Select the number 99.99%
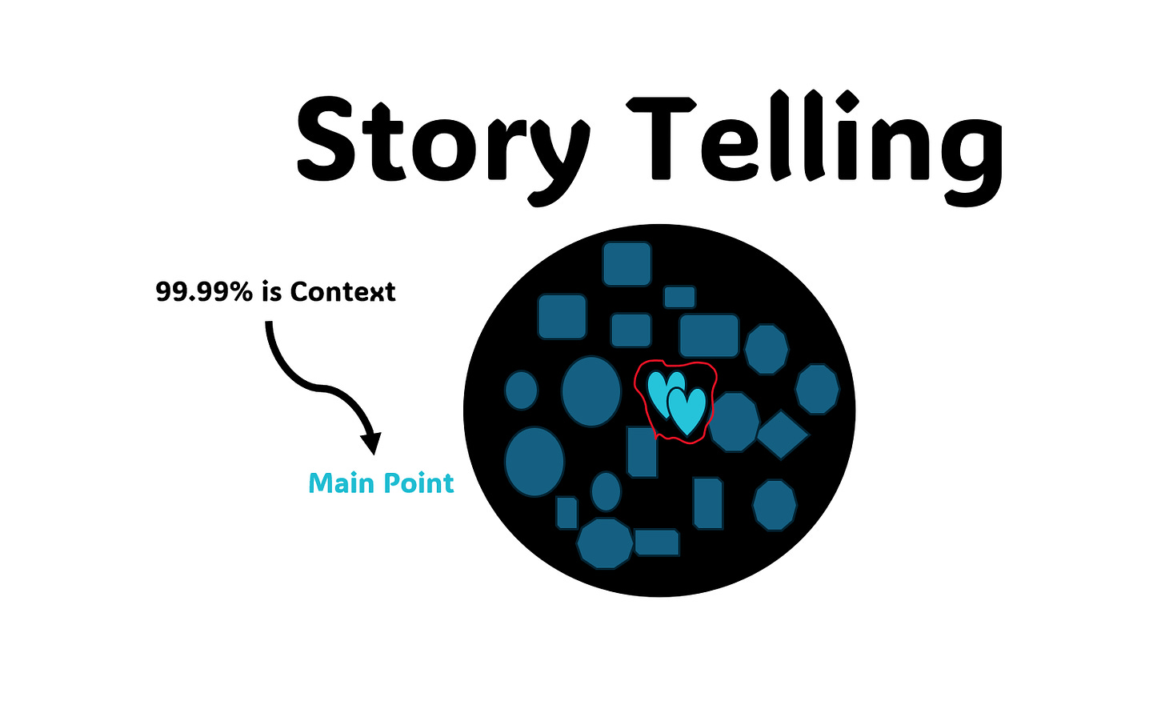(x=204, y=292)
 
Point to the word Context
(x=342, y=292)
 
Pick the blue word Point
(x=418, y=483)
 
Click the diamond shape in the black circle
(x=783, y=435)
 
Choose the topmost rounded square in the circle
(x=627, y=264)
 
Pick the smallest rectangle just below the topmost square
(x=679, y=297)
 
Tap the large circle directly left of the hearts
(x=591, y=391)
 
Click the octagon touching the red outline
(x=734, y=423)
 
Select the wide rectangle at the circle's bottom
(x=657, y=542)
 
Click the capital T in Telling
(x=660, y=138)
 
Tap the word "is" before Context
(x=271, y=292)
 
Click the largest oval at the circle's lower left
(x=534, y=462)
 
